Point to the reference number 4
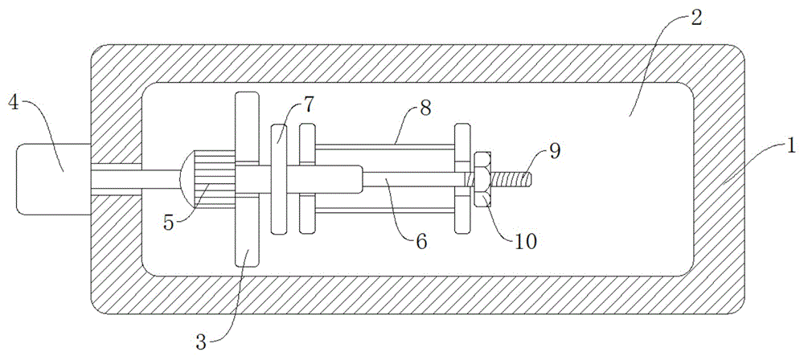click(14, 102)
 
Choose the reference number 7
click(310, 104)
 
